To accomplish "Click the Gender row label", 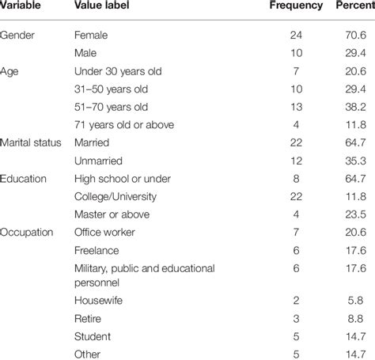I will (19, 36).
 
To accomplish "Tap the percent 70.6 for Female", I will (351, 36).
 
